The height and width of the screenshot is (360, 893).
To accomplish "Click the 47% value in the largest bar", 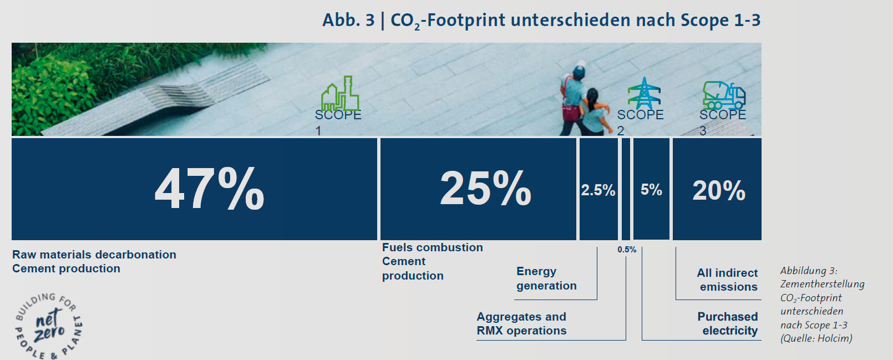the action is point(209,188).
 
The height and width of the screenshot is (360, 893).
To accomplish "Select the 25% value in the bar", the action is point(485,188).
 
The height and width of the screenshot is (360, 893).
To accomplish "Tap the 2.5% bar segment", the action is point(598,189).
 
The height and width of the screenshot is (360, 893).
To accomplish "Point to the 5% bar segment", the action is point(651,189).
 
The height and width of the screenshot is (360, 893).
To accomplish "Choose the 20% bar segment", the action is point(717,189).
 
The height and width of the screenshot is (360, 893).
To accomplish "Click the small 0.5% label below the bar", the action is point(627,250).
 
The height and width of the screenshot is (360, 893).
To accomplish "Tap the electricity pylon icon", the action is point(644,93).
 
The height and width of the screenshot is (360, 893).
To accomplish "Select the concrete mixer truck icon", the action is point(724,95).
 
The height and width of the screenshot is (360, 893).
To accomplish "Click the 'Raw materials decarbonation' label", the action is point(94,255).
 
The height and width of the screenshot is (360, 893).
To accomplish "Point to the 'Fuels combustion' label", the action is point(433,247).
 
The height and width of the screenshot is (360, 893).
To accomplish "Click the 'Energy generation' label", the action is point(546,278).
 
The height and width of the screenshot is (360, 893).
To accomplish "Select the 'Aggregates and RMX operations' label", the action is point(521,323).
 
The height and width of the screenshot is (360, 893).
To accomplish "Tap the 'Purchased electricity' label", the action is point(728,323).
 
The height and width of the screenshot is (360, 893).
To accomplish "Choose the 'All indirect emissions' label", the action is point(727,280).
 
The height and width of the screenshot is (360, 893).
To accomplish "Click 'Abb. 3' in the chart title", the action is point(348,20).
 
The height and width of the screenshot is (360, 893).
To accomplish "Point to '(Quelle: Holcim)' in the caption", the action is point(816,338).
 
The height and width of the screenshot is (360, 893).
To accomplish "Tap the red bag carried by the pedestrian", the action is point(571,112).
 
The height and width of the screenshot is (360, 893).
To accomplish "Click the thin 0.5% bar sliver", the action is point(626,189).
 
